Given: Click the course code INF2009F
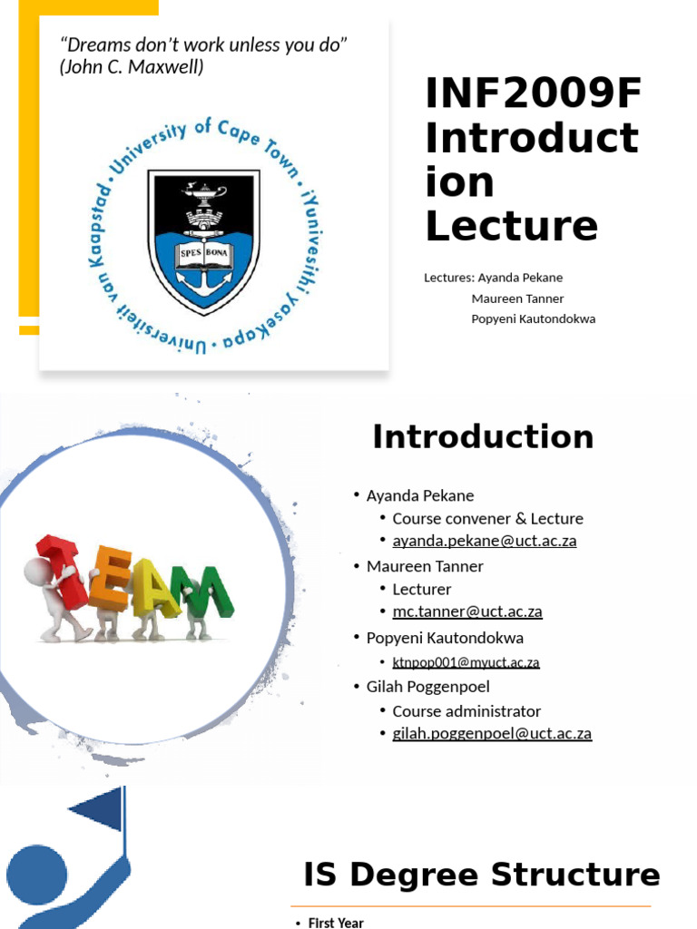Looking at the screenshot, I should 534,94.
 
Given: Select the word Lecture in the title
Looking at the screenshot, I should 512,225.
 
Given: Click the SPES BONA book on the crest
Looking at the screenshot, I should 203,254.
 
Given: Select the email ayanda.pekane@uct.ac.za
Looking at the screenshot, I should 484,541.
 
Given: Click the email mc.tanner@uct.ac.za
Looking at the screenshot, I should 466,611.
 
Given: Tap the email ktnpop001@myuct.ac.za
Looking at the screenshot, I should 466,662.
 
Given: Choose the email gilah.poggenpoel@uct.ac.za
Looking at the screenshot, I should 491,733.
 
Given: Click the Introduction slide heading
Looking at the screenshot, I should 483,436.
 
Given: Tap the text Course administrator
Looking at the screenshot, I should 466,711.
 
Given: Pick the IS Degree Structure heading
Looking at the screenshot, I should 481,875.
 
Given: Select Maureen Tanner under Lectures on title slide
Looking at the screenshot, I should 517,298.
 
